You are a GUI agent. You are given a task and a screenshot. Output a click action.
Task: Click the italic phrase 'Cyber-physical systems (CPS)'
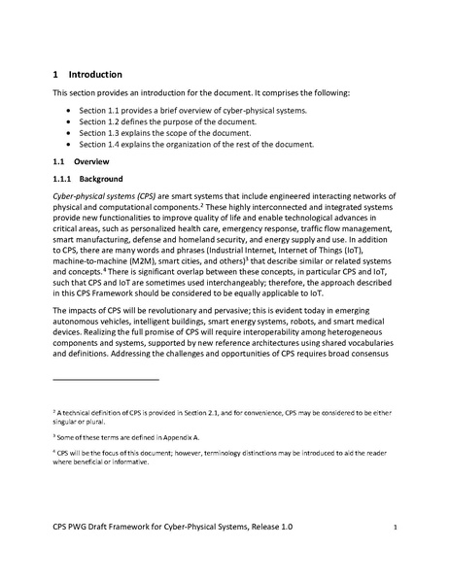pos(108,196)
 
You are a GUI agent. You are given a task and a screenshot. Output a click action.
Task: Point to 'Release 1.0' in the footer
pos(262,527)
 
